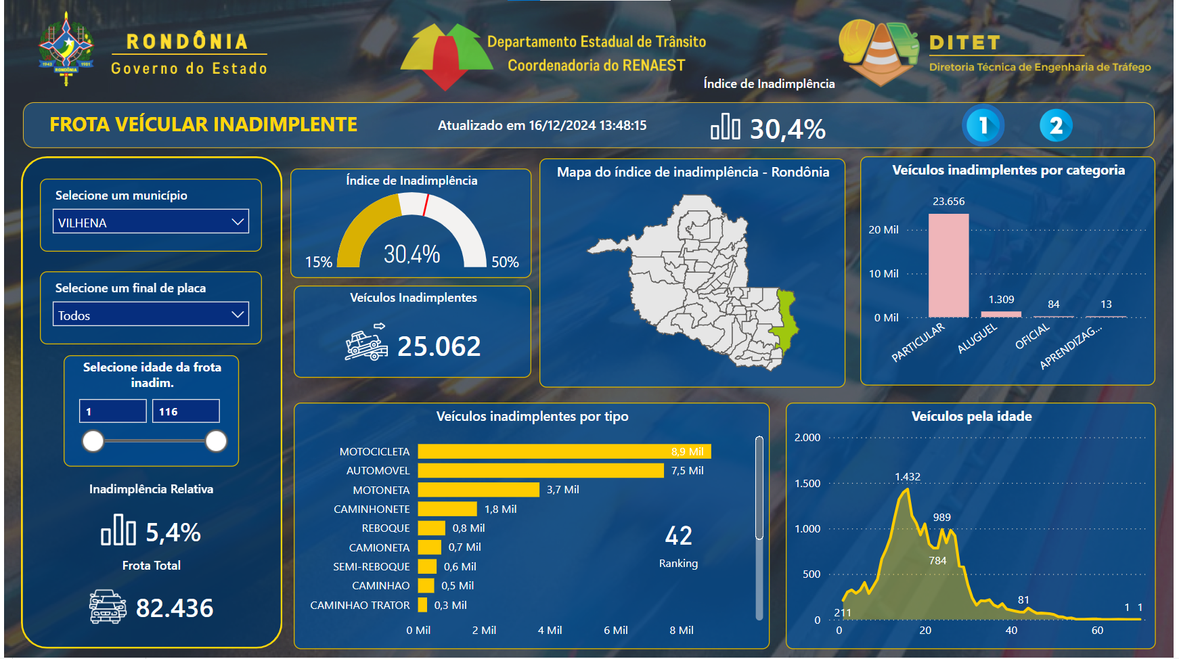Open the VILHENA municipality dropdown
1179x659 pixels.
pyautogui.click(x=151, y=222)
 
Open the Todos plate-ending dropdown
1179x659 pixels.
pyautogui.click(x=151, y=315)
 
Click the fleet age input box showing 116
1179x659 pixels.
pyautogui.click(x=186, y=411)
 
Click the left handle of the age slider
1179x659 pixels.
pyautogui.click(x=93, y=441)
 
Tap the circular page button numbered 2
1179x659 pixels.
pyautogui.click(x=1056, y=126)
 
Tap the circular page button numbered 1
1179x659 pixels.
pyautogui.click(x=983, y=126)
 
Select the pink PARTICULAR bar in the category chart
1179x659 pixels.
pyautogui.click(x=948, y=265)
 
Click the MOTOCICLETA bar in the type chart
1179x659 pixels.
pyautogui.click(x=564, y=451)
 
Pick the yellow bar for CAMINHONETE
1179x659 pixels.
pyautogui.click(x=447, y=509)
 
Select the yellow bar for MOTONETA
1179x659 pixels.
pyautogui.click(x=479, y=490)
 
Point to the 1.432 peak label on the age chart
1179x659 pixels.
pyautogui.click(x=908, y=477)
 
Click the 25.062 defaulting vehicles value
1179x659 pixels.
pyautogui.click(x=439, y=346)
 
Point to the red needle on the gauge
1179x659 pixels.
pyautogui.click(x=426, y=205)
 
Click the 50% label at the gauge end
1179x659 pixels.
pyautogui.click(x=505, y=262)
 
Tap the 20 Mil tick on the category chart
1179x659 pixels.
pyautogui.click(x=883, y=230)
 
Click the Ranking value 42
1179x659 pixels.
pyautogui.click(x=678, y=536)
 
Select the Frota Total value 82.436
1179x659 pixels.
pyautogui.click(x=175, y=608)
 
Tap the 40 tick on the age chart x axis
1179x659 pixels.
pyautogui.click(x=1011, y=631)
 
